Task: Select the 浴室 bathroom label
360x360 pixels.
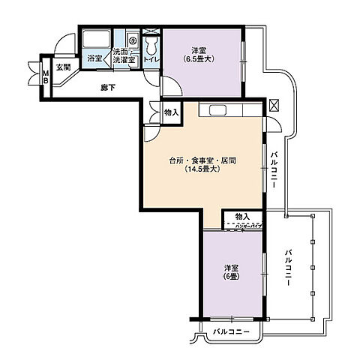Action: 94,58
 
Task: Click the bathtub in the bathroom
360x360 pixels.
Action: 95,40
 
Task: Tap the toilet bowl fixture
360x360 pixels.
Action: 151,41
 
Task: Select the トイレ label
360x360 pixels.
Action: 151,58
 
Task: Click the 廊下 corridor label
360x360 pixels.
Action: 109,87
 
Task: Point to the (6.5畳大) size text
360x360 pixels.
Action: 199,59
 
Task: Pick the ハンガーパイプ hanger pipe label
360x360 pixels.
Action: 247,225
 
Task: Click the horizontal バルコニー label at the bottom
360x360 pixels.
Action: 231,331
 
